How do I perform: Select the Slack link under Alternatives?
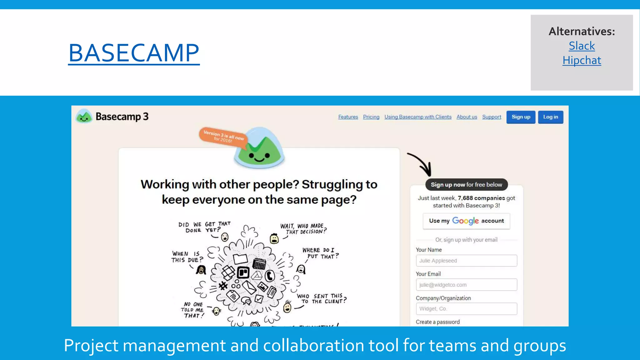tap(582, 46)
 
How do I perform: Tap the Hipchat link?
tap(582, 60)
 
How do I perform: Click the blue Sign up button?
tap(521, 117)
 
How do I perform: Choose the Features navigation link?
tap(348, 117)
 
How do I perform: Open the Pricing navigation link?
tap(371, 117)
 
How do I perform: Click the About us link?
tap(467, 117)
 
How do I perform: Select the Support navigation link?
tap(491, 117)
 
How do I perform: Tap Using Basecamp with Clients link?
tap(418, 117)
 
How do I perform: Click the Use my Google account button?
tap(466, 221)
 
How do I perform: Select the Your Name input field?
tap(466, 261)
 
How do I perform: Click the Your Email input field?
tap(466, 285)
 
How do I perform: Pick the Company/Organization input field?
tap(466, 309)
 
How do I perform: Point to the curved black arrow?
tap(421, 164)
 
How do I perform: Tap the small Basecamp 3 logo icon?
tap(84, 117)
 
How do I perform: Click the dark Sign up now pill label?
tap(466, 185)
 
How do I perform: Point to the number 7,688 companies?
tap(481, 198)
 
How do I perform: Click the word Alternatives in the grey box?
tap(582, 31)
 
